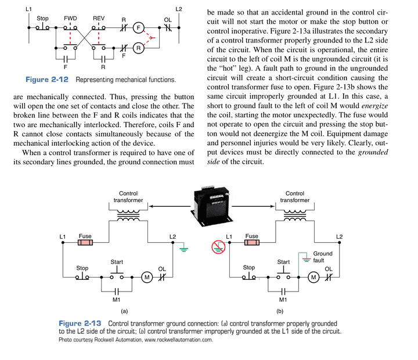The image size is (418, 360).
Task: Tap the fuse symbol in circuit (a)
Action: [x=85, y=243]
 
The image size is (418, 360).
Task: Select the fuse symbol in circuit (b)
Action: [x=251, y=243]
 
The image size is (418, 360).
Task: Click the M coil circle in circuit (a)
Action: [x=147, y=277]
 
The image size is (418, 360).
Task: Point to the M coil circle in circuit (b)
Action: [x=313, y=277]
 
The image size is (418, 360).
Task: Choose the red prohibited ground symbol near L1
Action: [x=218, y=247]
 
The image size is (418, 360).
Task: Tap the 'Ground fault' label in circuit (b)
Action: [x=323, y=257]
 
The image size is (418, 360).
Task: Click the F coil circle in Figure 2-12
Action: [x=138, y=28]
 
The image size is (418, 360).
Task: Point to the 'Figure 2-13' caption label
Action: [x=80, y=323]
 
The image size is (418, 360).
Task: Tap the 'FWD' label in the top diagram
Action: [x=70, y=19]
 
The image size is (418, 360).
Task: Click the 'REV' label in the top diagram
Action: [x=99, y=19]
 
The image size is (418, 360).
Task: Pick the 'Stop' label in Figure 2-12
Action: [x=42, y=19]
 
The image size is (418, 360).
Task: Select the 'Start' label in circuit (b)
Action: [x=283, y=262]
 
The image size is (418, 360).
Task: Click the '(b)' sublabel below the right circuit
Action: [x=280, y=311]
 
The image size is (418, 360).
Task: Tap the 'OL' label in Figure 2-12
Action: [x=168, y=20]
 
